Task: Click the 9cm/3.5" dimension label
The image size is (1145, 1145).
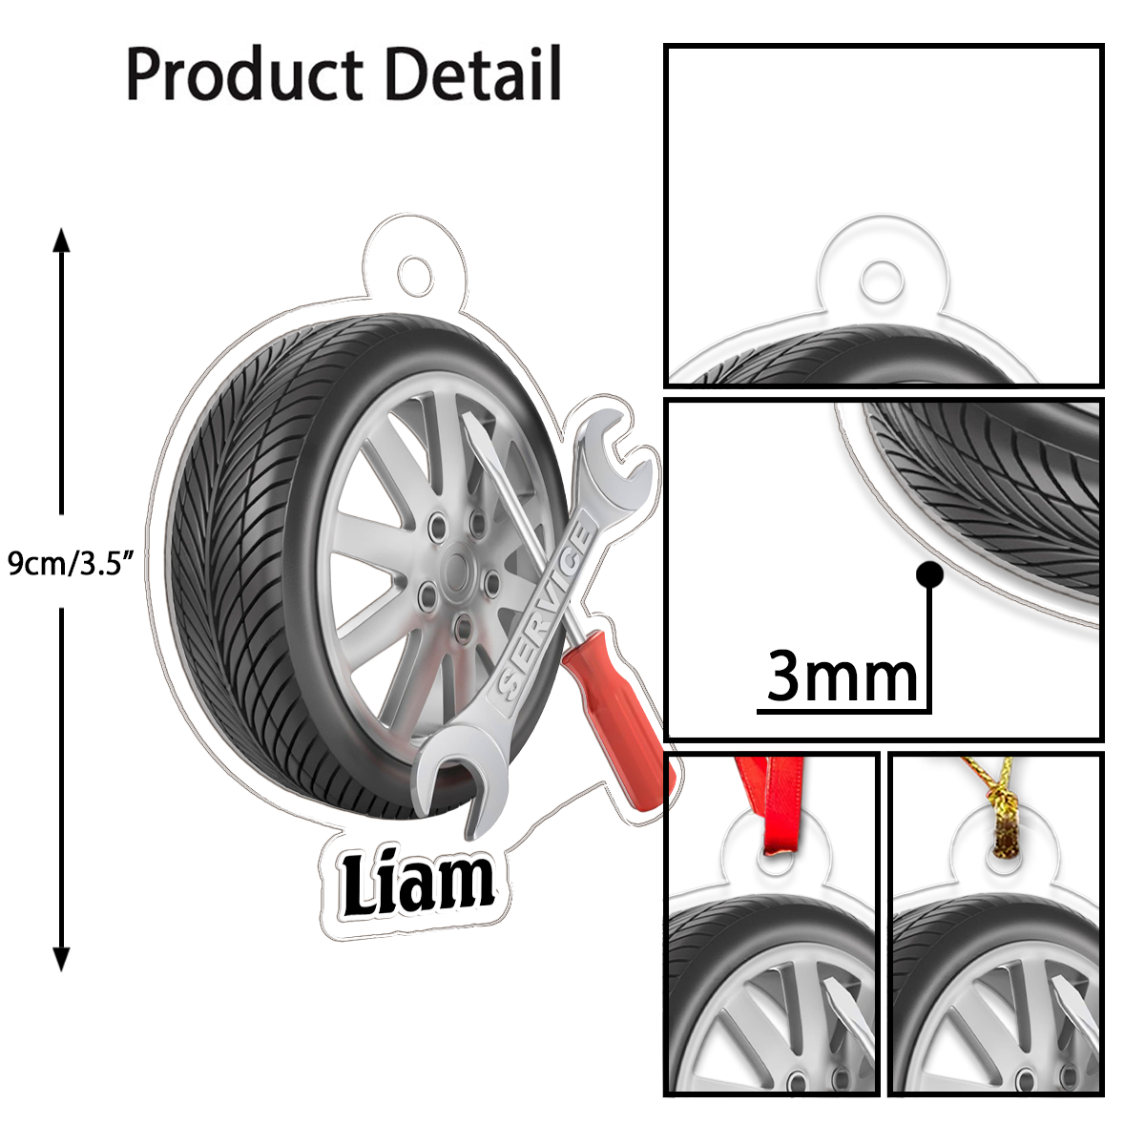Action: tap(67, 563)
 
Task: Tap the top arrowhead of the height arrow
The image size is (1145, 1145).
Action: tap(62, 239)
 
